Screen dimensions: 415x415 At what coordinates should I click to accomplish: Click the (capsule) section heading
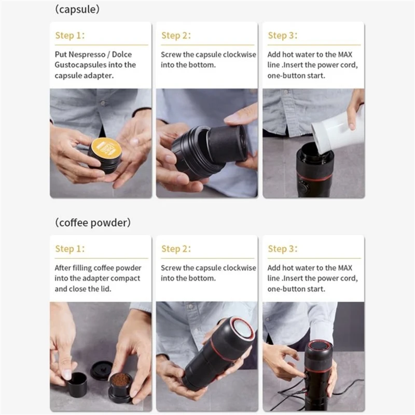coord(77,9)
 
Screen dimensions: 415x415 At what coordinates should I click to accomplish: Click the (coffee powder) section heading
coord(92,222)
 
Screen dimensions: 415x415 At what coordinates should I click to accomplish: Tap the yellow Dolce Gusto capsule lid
coord(106,149)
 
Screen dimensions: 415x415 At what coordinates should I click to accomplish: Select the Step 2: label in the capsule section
coord(176,35)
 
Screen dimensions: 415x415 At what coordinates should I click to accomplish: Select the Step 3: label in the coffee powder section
coord(282,249)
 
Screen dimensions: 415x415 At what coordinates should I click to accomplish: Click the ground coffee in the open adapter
coord(120,380)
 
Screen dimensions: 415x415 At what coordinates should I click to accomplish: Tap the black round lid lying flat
coord(101,370)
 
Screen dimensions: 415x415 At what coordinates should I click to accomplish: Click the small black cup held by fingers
coord(77,383)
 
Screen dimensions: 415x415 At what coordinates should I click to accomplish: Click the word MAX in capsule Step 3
coord(344,54)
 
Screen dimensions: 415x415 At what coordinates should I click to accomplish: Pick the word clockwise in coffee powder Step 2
coord(240,268)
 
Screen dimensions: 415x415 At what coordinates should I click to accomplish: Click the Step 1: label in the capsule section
coord(70,35)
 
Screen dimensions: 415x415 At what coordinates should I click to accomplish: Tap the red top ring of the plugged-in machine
coord(318,346)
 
